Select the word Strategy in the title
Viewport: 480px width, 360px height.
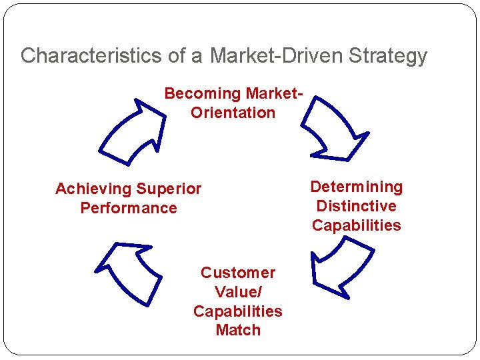pyautogui.click(x=387, y=55)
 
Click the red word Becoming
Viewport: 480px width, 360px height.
pyautogui.click(x=202, y=93)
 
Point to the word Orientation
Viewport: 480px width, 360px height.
pyautogui.click(x=233, y=113)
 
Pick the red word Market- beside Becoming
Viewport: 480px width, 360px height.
pyautogui.click(x=274, y=93)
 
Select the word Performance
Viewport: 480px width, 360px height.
pyautogui.click(x=129, y=208)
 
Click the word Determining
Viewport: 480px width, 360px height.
pyautogui.click(x=357, y=187)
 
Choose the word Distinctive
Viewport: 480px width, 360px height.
pyautogui.click(x=357, y=206)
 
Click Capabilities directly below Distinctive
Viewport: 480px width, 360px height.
pyautogui.click(x=357, y=225)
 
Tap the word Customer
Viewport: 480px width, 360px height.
pyautogui.click(x=238, y=273)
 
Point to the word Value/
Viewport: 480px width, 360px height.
pyautogui.click(x=238, y=292)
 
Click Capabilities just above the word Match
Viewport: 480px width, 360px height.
pyautogui.click(x=238, y=311)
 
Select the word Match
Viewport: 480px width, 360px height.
pyautogui.click(x=238, y=330)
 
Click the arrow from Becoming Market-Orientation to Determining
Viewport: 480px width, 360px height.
pyautogui.click(x=333, y=129)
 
